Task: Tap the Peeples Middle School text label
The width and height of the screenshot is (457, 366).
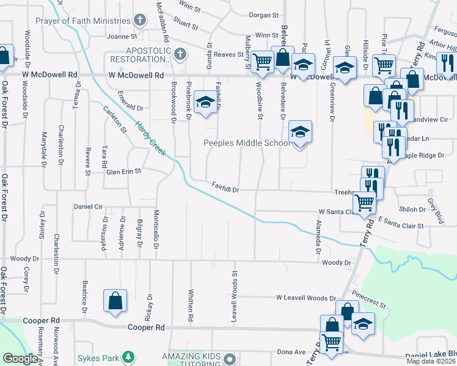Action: (246, 143)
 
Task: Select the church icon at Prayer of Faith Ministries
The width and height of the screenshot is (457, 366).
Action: (140, 21)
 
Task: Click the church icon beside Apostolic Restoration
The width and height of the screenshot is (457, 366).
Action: (179, 55)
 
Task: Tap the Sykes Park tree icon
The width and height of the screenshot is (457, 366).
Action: (128, 356)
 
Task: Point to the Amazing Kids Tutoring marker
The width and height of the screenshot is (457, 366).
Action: (229, 357)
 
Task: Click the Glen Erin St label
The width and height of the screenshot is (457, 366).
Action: (123, 171)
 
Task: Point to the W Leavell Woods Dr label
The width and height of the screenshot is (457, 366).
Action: (305, 298)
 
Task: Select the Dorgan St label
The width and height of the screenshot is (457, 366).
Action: (263, 15)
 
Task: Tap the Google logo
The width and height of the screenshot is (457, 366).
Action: (20, 359)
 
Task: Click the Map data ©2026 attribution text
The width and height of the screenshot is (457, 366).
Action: (431, 362)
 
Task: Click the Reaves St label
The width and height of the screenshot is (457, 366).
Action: (228, 54)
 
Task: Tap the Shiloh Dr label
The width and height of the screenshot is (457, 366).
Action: (414, 209)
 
